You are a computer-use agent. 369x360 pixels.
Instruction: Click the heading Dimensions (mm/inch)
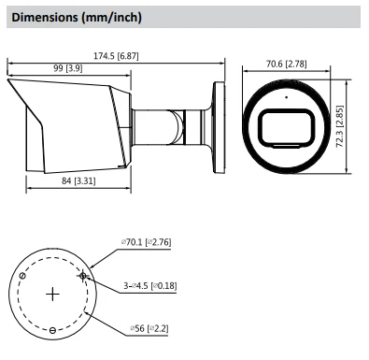point(77,17)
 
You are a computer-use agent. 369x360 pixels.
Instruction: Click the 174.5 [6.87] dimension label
point(116,56)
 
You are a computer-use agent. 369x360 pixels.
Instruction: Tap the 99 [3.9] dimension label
point(68,68)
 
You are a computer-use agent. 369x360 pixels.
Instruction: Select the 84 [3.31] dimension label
point(78,180)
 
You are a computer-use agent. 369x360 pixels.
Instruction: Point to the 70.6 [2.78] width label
point(286,64)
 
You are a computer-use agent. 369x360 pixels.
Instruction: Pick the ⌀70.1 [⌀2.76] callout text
point(146,242)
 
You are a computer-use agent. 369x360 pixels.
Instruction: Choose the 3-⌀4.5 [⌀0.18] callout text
point(150,285)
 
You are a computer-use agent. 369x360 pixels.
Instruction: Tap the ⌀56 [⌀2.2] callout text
point(149,328)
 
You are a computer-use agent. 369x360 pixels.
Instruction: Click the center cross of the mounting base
point(52,295)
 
